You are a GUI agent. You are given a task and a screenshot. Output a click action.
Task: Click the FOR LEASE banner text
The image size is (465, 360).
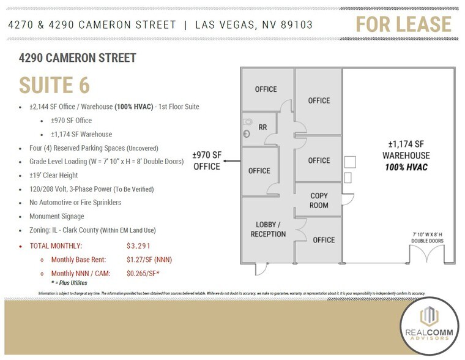coord(404,24)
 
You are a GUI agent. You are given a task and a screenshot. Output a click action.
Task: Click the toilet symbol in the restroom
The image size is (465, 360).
coord(247,122)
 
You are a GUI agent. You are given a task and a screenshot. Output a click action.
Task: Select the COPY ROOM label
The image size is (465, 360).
coord(319,200)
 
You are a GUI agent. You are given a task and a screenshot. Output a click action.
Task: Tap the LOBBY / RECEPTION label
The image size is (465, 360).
coord(268,229)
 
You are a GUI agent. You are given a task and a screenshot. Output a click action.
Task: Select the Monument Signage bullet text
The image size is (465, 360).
coord(57,216)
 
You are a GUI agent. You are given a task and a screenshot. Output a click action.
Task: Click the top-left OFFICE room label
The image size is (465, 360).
coord(266,89)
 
